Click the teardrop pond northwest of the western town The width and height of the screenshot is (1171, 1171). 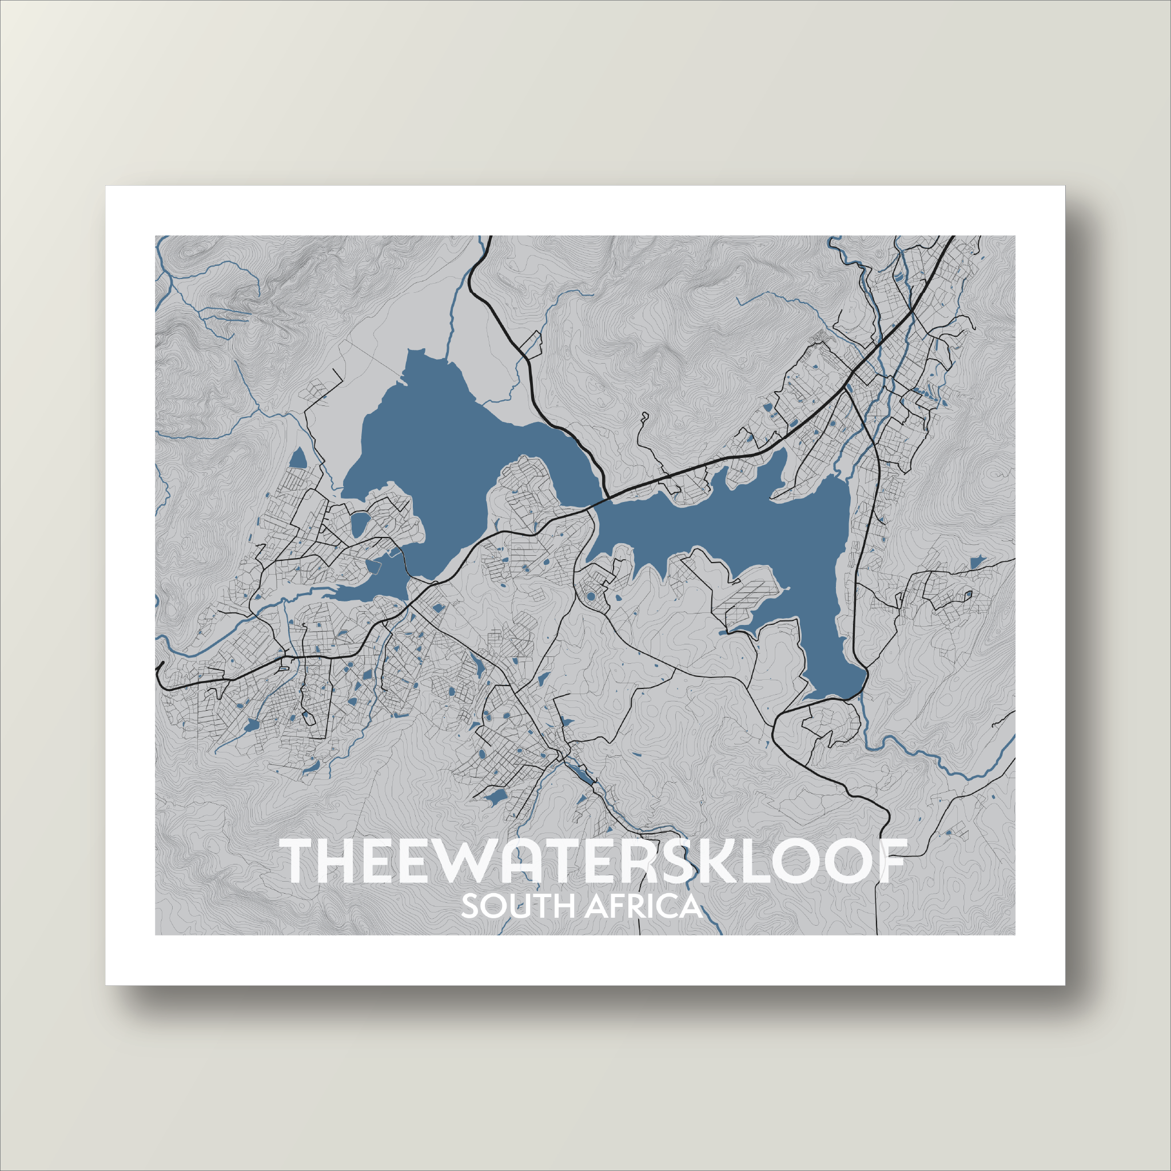coord(298,459)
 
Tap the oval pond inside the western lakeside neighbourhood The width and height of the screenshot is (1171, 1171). coord(360,524)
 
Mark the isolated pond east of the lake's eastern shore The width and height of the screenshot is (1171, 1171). coord(975,563)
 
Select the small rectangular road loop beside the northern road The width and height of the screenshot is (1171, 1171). coord(531,344)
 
